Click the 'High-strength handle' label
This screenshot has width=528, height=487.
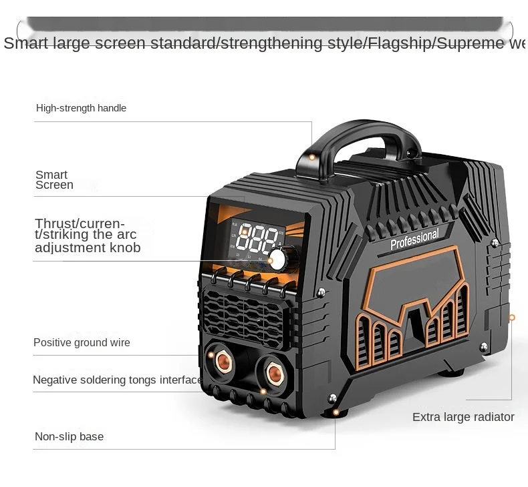click(x=81, y=108)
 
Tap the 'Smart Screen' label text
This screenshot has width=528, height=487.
click(x=54, y=180)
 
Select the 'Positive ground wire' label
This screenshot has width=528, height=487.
click(x=82, y=343)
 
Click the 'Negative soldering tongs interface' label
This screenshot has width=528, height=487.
click(x=117, y=380)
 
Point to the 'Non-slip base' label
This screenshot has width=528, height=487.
click(x=69, y=437)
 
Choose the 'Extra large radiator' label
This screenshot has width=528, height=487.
click(x=463, y=418)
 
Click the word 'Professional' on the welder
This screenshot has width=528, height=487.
click(x=414, y=239)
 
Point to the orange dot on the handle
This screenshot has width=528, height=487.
click(x=311, y=157)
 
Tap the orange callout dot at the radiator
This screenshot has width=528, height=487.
click(x=512, y=318)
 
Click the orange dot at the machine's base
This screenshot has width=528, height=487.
click(x=335, y=412)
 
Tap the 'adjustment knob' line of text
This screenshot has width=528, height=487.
click(x=88, y=248)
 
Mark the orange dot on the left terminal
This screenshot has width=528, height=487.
click(x=211, y=355)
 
